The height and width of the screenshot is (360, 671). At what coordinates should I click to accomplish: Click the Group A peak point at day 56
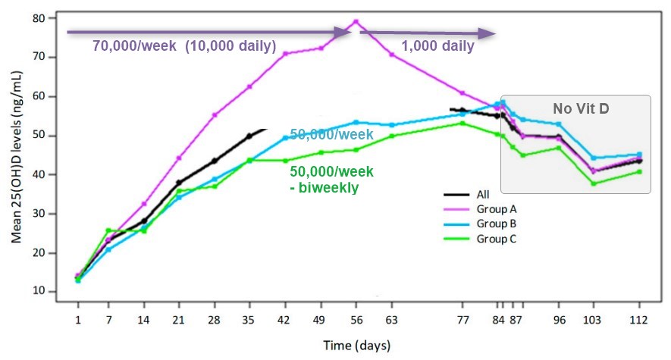(356, 21)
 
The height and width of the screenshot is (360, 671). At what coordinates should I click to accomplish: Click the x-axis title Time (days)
(356, 346)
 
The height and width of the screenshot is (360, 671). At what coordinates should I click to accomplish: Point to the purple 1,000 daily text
(437, 46)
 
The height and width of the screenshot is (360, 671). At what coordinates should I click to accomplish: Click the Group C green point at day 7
(108, 230)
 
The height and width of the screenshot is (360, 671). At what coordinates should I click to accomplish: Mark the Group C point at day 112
(639, 171)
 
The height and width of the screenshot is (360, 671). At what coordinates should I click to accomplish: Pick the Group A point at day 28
(215, 115)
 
